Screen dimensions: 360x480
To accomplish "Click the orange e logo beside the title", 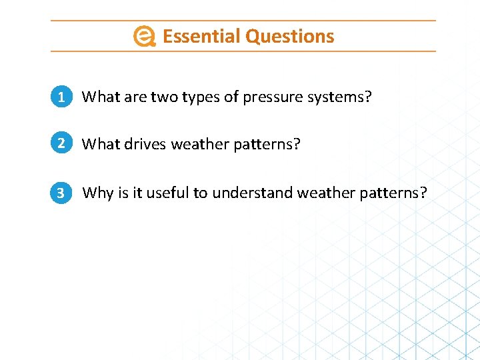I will click(144, 37).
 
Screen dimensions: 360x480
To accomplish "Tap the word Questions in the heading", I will click(289, 36).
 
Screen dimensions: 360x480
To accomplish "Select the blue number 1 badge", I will click(61, 97).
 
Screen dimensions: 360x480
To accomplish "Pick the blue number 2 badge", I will click(61, 143).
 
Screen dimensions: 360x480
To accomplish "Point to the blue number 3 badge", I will click(61, 193).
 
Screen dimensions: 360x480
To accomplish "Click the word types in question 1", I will click(201, 97).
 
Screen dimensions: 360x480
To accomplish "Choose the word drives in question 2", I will click(146, 144).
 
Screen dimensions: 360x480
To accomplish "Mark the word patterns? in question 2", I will click(265, 144).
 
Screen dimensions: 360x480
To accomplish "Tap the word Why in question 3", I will click(98, 193).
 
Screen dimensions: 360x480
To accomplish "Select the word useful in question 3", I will click(168, 193).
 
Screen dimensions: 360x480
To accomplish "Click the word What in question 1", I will click(99, 97).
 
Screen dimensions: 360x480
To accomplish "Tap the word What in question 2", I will click(99, 144).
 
